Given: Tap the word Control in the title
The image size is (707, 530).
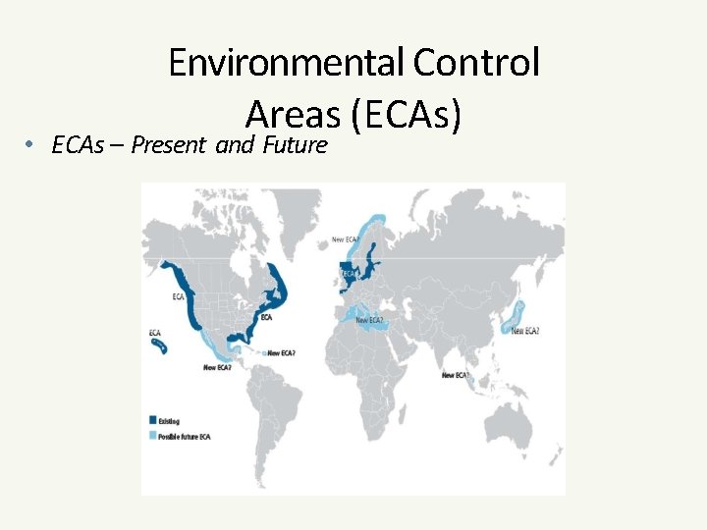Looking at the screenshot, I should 476,63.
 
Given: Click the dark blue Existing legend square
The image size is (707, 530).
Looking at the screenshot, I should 152,420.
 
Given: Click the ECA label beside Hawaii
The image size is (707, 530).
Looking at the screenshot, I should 155,334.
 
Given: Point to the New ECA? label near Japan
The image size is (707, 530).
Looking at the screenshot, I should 524,332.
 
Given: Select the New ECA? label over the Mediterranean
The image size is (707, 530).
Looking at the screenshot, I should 369,319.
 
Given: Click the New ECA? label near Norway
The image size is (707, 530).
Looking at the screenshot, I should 345,239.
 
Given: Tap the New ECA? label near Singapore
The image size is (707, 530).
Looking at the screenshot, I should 455,375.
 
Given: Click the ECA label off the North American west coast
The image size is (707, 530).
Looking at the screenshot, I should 179,296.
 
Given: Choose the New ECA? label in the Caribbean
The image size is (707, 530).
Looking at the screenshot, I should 281,352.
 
